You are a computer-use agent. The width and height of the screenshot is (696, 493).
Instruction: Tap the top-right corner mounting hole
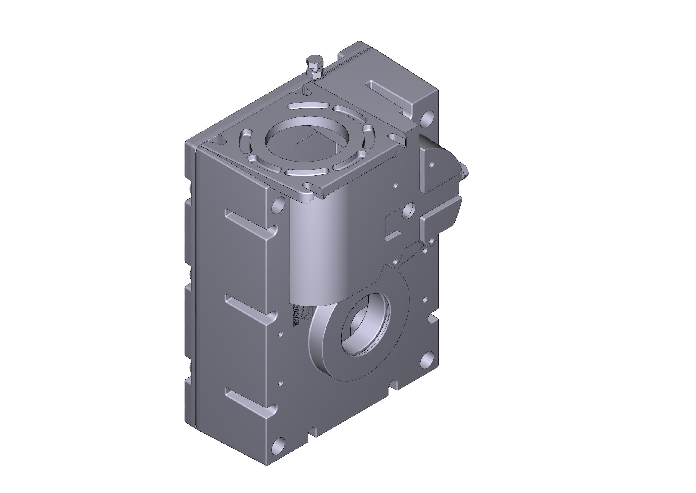click(x=428, y=119)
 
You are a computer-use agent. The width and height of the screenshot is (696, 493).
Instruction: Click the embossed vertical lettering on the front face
click(x=294, y=316)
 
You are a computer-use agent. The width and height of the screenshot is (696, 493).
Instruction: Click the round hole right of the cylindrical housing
click(x=409, y=210)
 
